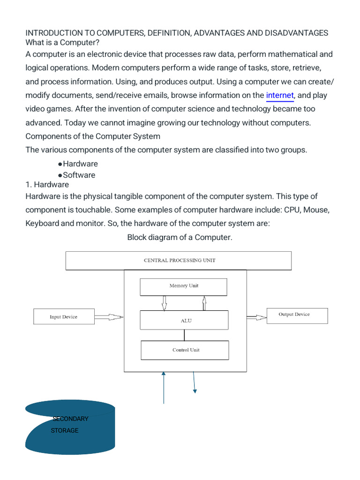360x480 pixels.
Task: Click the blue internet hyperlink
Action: tap(280, 96)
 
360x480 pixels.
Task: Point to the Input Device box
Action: tap(64, 316)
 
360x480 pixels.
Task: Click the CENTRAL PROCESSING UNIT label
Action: tap(180, 261)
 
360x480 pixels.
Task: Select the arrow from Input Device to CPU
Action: tap(109, 317)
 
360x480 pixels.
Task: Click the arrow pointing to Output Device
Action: tap(256, 317)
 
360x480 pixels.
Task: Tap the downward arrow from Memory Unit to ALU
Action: tap(165, 303)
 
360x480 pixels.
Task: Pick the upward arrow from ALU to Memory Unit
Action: tap(204, 303)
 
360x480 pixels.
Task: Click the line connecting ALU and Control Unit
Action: tap(184, 335)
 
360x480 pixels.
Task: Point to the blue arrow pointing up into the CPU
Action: tap(164, 388)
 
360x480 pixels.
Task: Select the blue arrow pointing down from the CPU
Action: tap(194, 382)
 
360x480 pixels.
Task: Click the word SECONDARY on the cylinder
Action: tap(70, 419)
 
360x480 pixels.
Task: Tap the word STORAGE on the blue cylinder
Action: tap(65, 430)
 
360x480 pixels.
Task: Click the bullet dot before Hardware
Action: tap(60, 165)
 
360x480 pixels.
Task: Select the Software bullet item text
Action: tap(79, 175)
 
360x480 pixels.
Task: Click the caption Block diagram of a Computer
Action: tap(180, 238)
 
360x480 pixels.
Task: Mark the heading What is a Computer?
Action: tap(62, 43)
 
